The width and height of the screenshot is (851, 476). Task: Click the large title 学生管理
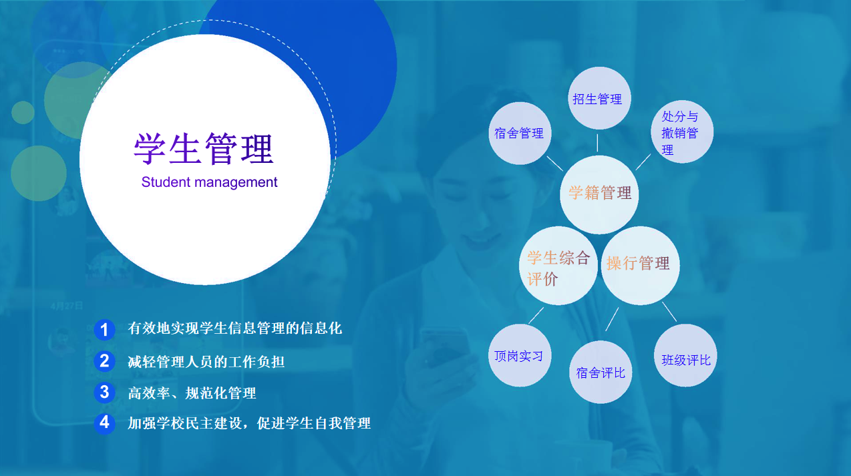(x=204, y=148)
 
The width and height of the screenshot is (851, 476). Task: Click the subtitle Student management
(x=209, y=182)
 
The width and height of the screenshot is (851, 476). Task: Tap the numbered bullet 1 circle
(x=104, y=330)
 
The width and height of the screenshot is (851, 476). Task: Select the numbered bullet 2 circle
(x=104, y=361)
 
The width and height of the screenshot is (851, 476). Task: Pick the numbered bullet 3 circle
(x=104, y=392)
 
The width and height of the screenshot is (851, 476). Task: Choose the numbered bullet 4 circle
(x=104, y=423)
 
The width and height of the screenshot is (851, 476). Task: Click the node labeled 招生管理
(x=599, y=98)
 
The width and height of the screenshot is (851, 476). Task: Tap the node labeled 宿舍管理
(x=520, y=134)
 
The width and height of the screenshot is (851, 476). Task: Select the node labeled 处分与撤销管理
(x=682, y=132)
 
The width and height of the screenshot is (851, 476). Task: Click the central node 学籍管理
(x=599, y=194)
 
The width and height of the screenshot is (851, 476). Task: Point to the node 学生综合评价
(x=558, y=266)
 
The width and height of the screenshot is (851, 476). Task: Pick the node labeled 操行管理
(x=640, y=266)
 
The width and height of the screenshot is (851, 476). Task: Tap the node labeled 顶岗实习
(x=520, y=355)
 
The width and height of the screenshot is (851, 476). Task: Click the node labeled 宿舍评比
(x=601, y=372)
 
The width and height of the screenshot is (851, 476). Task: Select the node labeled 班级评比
(x=685, y=355)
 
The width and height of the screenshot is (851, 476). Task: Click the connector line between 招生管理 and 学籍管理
(x=597, y=143)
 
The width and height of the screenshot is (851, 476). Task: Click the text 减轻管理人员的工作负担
(x=206, y=362)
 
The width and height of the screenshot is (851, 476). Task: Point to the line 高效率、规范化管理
(x=192, y=393)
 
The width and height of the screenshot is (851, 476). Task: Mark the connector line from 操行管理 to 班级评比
(x=669, y=312)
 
